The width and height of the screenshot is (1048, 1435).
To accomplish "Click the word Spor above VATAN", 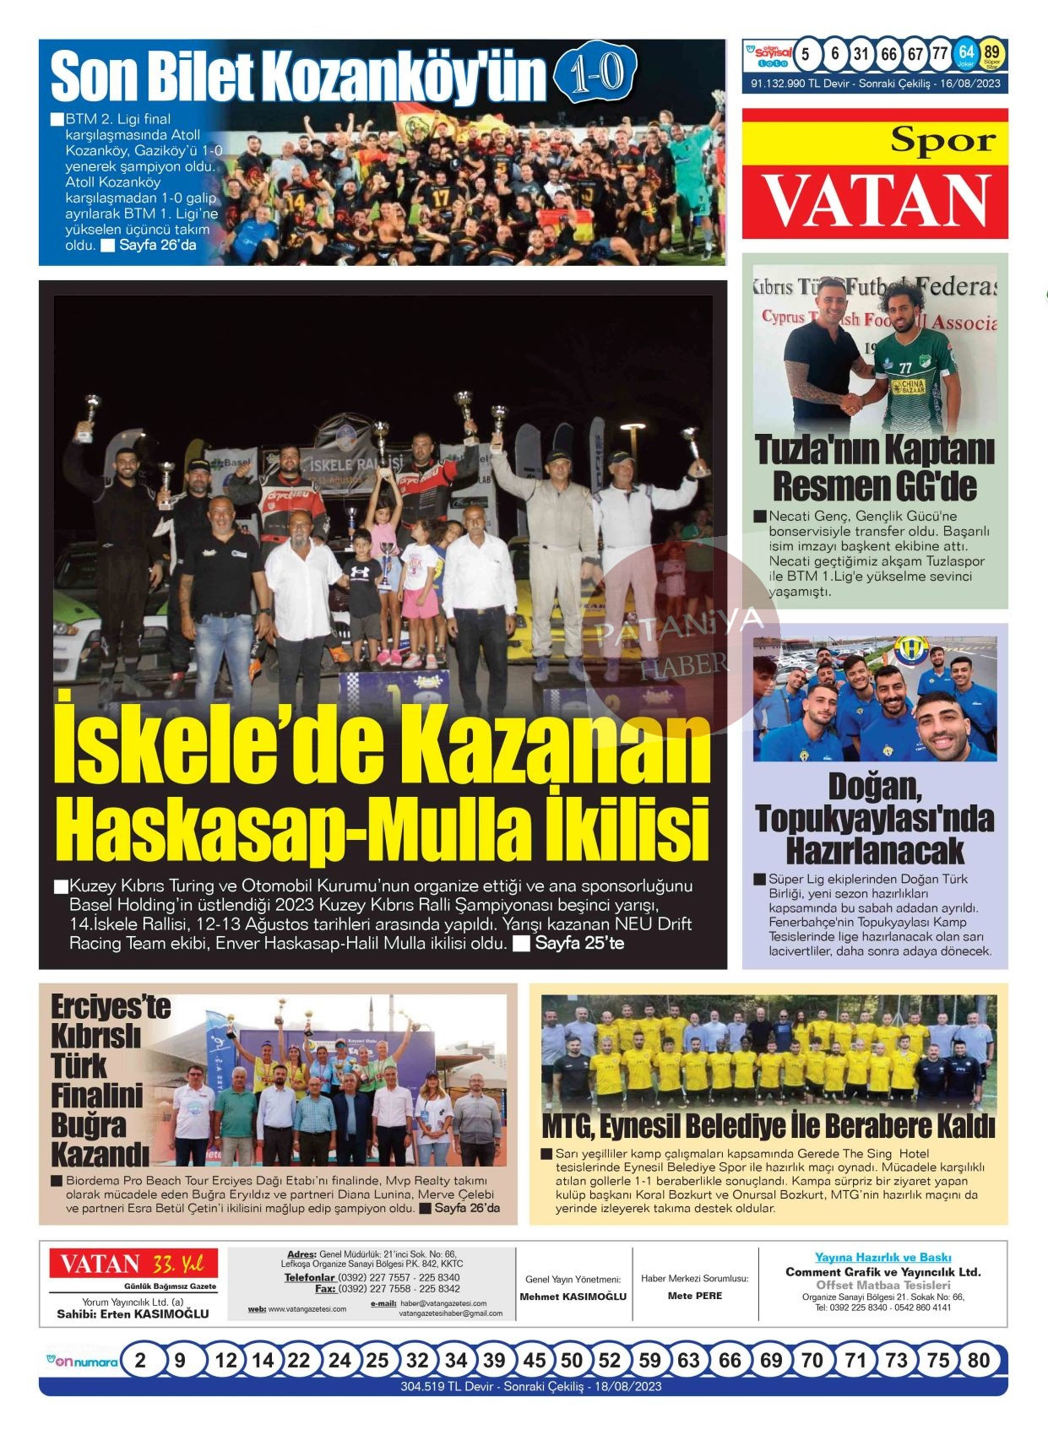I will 942,139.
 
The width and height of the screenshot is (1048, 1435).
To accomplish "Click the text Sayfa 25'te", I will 579,943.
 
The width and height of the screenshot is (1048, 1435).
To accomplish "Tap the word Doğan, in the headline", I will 874,787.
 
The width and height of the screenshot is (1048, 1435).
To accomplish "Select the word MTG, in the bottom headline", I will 568,1127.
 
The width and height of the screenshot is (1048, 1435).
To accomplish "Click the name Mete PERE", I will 694,1296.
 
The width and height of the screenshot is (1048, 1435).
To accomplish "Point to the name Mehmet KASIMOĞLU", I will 573,1297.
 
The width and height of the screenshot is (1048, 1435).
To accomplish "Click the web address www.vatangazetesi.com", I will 307,1309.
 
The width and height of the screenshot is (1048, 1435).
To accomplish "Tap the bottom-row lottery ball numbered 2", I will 140,1360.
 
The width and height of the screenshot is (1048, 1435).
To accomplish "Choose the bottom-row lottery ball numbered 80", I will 978,1360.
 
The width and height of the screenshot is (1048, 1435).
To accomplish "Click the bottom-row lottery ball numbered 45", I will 534,1360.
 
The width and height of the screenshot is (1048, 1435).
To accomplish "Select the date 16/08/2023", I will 971,84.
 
